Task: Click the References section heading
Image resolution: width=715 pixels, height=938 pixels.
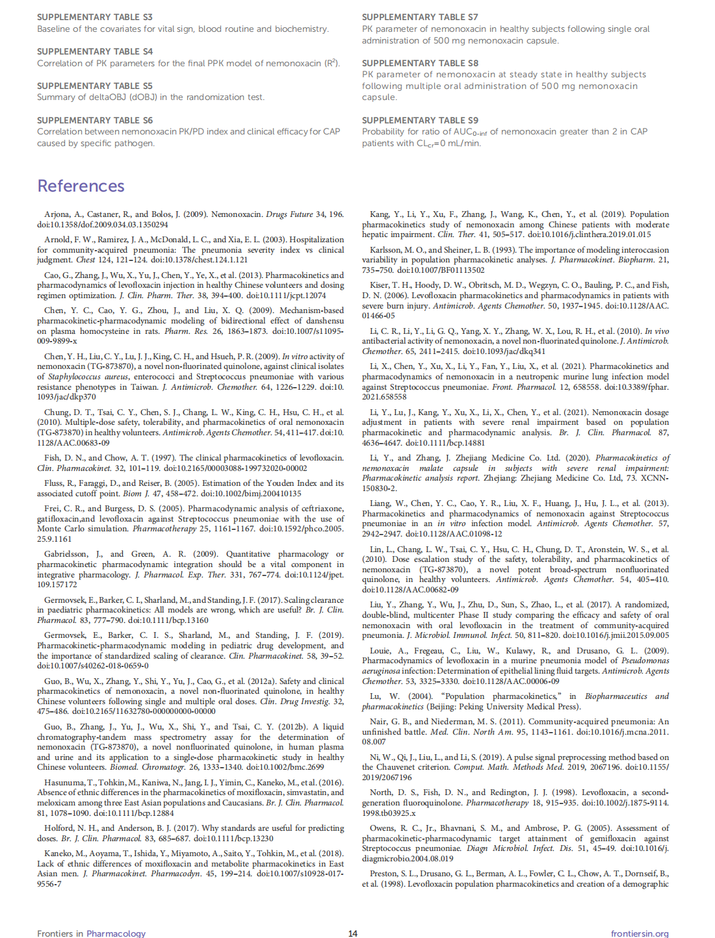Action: (x=81, y=186)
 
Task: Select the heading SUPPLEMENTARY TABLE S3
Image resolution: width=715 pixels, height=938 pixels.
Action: (x=95, y=17)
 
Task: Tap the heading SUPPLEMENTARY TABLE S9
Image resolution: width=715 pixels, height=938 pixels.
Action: (x=420, y=120)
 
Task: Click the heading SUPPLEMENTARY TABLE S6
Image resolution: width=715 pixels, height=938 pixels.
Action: (x=95, y=120)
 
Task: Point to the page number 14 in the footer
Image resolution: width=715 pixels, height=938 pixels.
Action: (x=353, y=933)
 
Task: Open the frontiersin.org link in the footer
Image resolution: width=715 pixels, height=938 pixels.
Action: (x=640, y=933)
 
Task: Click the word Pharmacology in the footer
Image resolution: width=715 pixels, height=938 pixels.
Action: (x=116, y=933)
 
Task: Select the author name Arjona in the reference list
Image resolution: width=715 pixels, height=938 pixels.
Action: (x=57, y=214)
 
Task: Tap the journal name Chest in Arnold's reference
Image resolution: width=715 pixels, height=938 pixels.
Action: (x=86, y=260)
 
